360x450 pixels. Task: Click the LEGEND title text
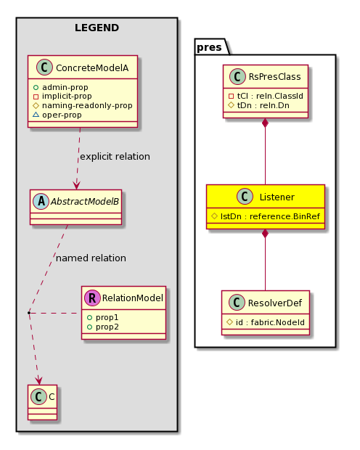pyautogui.click(x=97, y=28)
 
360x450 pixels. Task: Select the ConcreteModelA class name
pyautogui.click(x=92, y=68)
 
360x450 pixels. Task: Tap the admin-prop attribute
pyautogui.click(x=65, y=87)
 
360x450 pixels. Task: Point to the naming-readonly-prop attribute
pyautogui.click(x=87, y=106)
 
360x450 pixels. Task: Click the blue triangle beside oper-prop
pyautogui.click(x=36, y=115)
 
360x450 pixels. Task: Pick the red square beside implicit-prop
pyautogui.click(x=36, y=97)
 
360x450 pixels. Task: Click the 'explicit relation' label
pyautogui.click(x=115, y=157)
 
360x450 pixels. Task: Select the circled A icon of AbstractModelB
pyautogui.click(x=41, y=202)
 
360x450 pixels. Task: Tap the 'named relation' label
pyautogui.click(x=91, y=258)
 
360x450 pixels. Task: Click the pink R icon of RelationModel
pyautogui.click(x=92, y=298)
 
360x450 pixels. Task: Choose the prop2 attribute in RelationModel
pyautogui.click(x=107, y=327)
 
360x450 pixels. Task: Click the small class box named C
pyautogui.click(x=43, y=402)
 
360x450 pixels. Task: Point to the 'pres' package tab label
pyautogui.click(x=209, y=47)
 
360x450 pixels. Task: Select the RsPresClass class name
pyautogui.click(x=275, y=77)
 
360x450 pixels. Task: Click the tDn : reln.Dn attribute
pyautogui.click(x=263, y=105)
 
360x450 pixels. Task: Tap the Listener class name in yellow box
pyautogui.click(x=277, y=197)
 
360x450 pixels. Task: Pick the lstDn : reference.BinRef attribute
pyautogui.click(x=270, y=216)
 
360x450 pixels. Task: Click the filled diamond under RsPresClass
pyautogui.click(x=265, y=123)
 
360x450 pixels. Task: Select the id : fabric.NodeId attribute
pyautogui.click(x=270, y=322)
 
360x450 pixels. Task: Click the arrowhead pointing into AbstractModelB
pyautogui.click(x=77, y=185)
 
